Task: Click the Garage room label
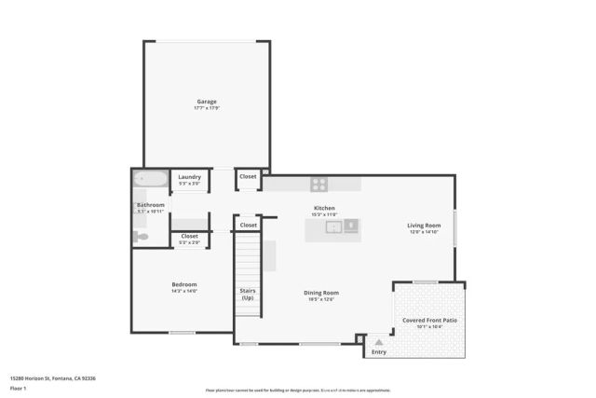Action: (x=206, y=103)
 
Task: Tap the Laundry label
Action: (x=189, y=177)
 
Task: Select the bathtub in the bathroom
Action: (x=150, y=178)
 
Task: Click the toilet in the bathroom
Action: (x=141, y=237)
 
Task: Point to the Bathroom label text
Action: (x=150, y=205)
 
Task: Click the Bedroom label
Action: (x=183, y=285)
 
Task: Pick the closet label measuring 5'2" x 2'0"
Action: (x=189, y=237)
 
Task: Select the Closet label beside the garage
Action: (x=248, y=176)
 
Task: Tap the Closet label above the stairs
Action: (x=248, y=225)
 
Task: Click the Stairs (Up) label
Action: (x=248, y=294)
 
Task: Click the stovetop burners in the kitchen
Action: (x=319, y=185)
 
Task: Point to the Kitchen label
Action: (x=324, y=209)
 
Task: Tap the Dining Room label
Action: (x=320, y=294)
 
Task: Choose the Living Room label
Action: (x=424, y=226)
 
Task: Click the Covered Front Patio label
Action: (x=429, y=321)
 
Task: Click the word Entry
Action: (x=379, y=352)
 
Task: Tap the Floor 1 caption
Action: (x=18, y=388)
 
